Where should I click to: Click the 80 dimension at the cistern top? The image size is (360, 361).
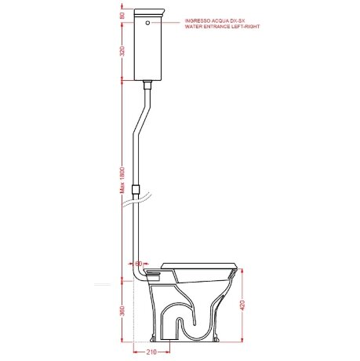tap(122, 16)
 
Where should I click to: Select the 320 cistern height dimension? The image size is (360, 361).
tap(122, 51)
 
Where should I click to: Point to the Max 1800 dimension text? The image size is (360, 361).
tap(122, 180)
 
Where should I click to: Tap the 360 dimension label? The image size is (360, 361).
tap(122, 311)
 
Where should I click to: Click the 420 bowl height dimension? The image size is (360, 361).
tap(242, 305)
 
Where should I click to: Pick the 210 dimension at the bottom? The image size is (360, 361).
tap(151, 352)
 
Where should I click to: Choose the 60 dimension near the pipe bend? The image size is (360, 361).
tap(138, 264)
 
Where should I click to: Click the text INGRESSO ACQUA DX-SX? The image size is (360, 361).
tap(215, 20)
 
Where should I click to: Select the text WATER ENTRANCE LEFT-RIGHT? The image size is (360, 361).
tap(222, 27)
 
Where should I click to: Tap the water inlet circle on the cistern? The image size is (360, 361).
tap(147, 23)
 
